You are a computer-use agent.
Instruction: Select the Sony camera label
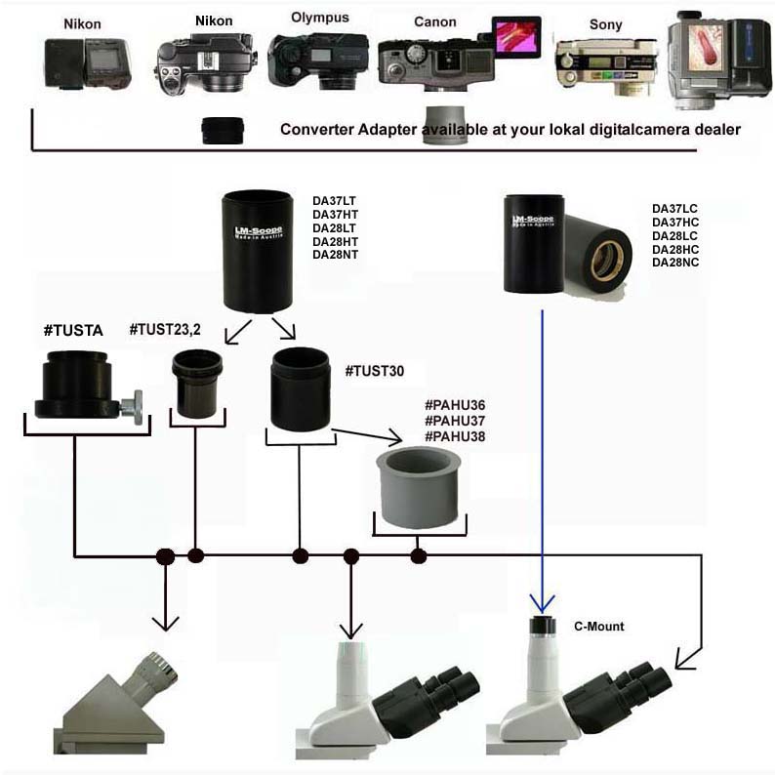coord(605,24)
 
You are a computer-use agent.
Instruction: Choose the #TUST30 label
coord(374,371)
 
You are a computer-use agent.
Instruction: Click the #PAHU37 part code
coord(454,421)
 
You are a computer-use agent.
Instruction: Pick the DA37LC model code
coord(674,208)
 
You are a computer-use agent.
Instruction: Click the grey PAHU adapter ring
coord(421,487)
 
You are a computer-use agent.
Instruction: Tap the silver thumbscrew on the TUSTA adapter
coord(134,407)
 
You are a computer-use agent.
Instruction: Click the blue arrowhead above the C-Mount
coord(541,601)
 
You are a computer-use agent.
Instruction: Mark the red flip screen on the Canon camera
coord(515,36)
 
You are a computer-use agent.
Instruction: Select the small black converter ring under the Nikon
coord(223,130)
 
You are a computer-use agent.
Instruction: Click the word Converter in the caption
coord(313,129)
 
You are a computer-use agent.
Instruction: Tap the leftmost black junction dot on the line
coord(165,556)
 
